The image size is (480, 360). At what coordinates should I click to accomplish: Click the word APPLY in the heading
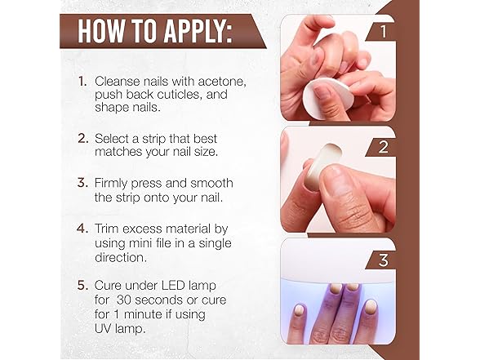(198, 31)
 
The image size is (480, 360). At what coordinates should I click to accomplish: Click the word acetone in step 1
(222, 82)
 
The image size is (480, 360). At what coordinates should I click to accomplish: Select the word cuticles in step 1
(180, 95)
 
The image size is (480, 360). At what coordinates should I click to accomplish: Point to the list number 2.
(83, 139)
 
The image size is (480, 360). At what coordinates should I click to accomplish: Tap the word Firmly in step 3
(113, 184)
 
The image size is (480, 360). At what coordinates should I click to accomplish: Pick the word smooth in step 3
(211, 183)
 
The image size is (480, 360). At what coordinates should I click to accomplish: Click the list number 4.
(82, 229)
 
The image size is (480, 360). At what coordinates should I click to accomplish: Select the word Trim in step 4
(106, 229)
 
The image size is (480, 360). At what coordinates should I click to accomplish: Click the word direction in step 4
(121, 257)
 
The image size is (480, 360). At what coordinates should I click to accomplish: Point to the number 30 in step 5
(123, 300)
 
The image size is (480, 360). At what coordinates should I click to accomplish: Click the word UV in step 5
(103, 329)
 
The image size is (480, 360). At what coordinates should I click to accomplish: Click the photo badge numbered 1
(380, 31)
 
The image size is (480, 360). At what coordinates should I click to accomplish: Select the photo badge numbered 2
(380, 147)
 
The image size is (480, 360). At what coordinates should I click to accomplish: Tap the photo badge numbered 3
(380, 260)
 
